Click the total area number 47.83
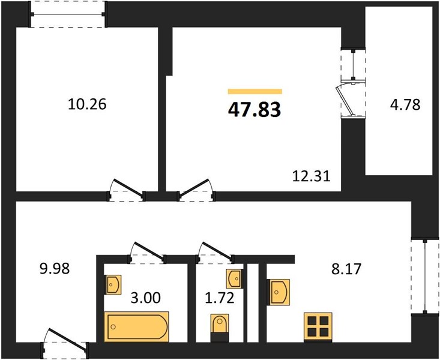(255, 109)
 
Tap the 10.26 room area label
(87, 104)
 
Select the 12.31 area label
(312, 176)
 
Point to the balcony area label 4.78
(405, 105)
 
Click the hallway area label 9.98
(55, 269)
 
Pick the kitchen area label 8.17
(346, 269)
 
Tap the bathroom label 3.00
(146, 298)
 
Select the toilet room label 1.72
(220, 298)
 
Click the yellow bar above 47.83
(255, 91)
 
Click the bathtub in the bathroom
(136, 326)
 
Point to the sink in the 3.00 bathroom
(113, 284)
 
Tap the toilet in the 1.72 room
(220, 327)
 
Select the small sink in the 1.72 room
(234, 279)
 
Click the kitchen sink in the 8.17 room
(278, 292)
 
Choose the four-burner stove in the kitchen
(318, 326)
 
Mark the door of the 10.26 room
(127, 190)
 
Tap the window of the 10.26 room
(68, 14)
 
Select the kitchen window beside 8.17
(425, 276)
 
